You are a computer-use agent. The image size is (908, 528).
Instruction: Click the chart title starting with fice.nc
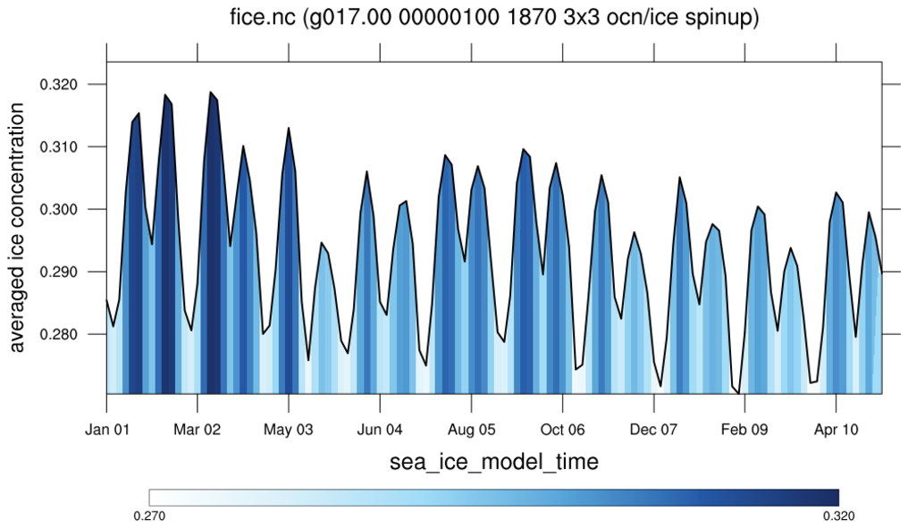[x=494, y=17]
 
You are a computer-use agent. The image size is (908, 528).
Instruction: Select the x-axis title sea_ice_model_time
[x=494, y=462]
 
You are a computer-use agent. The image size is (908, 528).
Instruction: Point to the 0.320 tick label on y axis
[x=60, y=85]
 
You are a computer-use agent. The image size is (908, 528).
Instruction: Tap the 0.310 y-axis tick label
[x=60, y=147]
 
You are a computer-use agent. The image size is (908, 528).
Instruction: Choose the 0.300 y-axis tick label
[x=60, y=210]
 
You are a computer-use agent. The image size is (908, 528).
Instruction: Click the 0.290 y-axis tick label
[x=60, y=272]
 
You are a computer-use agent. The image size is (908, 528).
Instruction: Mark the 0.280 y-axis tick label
[x=60, y=335]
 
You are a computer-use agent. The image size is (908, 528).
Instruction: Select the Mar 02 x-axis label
[x=198, y=430]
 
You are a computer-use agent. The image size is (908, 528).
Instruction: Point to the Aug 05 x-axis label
[x=472, y=430]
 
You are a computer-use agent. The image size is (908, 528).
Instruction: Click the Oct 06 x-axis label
[x=563, y=430]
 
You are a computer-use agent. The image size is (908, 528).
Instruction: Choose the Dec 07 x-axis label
[x=654, y=430]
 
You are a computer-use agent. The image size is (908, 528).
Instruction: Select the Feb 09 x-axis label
[x=745, y=430]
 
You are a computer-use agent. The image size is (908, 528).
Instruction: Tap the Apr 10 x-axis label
[x=837, y=430]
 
